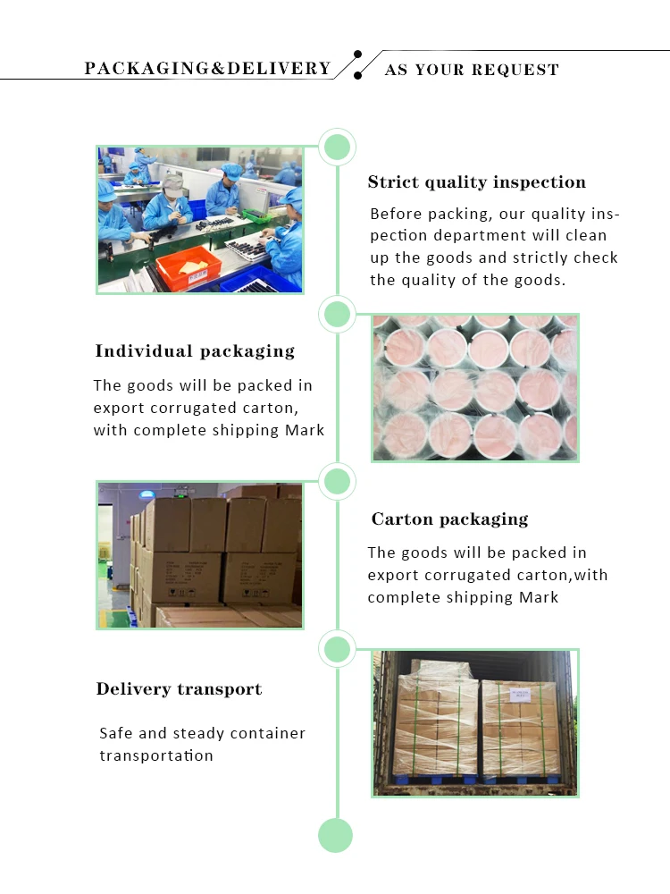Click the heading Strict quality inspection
point(476,182)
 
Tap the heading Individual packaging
point(195,351)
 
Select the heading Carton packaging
point(449,519)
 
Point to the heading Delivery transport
point(179,689)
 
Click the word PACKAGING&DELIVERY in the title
point(207,69)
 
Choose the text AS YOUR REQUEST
point(472,70)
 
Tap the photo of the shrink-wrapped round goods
point(475,387)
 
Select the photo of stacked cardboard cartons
point(199,554)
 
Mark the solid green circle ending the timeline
point(336,836)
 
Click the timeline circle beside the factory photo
point(337,147)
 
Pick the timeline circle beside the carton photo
point(337,482)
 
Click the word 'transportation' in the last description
point(156,755)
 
